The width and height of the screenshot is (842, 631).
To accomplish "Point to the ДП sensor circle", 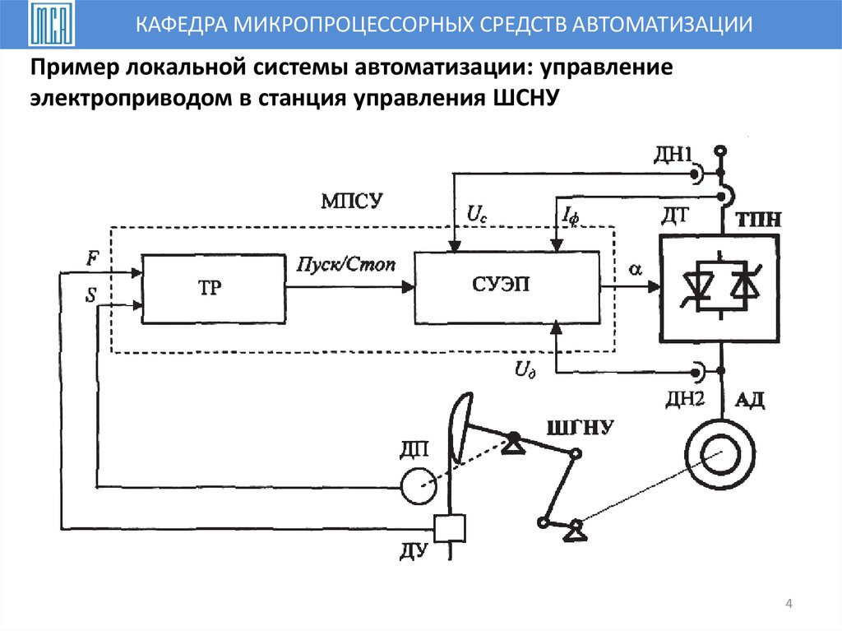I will click(x=419, y=485).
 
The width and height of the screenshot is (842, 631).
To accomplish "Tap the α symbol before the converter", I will click(x=635, y=268).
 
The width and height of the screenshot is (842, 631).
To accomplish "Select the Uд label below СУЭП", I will click(x=525, y=370).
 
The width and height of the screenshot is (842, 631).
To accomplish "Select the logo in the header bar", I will click(x=50, y=26).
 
